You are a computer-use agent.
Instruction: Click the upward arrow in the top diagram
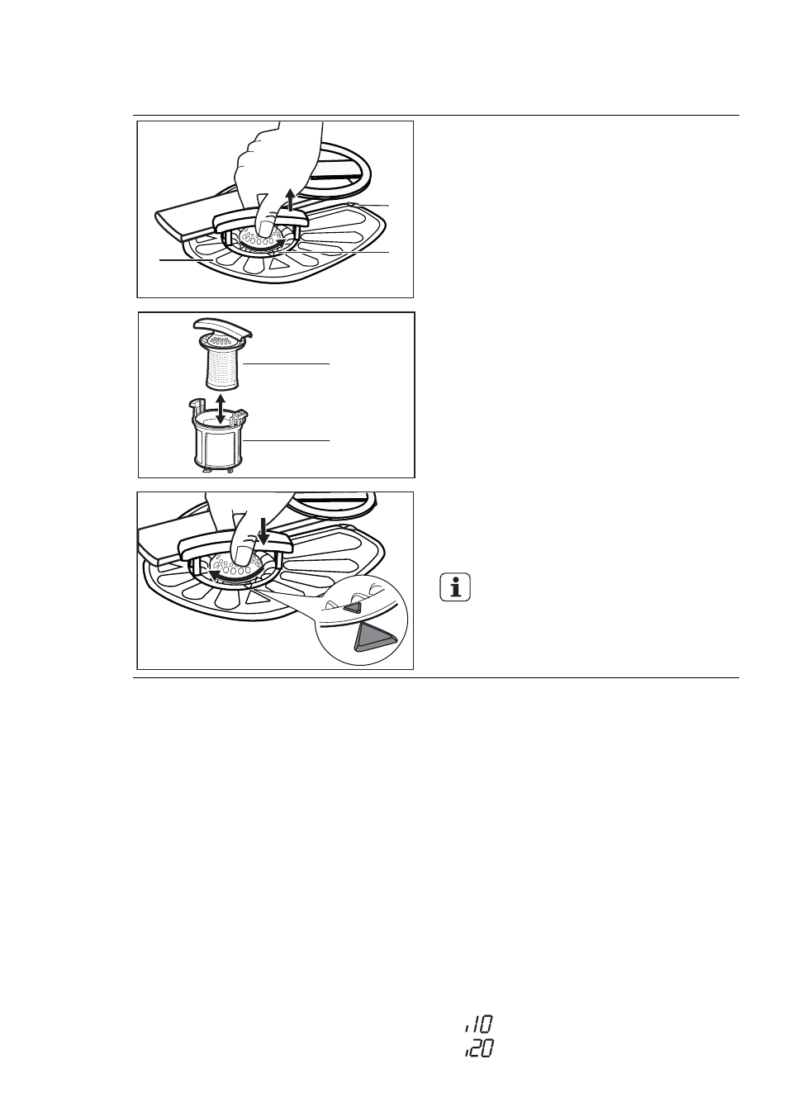coord(292,200)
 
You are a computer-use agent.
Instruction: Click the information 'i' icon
coord(455,587)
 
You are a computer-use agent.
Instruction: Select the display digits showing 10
coord(479,1022)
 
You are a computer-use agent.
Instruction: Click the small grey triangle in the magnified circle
coord(354,607)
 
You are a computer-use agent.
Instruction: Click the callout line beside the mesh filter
coord(287,364)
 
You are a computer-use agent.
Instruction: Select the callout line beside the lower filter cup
coord(287,440)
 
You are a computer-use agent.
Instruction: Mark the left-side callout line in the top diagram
coord(186,259)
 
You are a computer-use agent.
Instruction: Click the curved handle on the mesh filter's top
coord(221,328)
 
